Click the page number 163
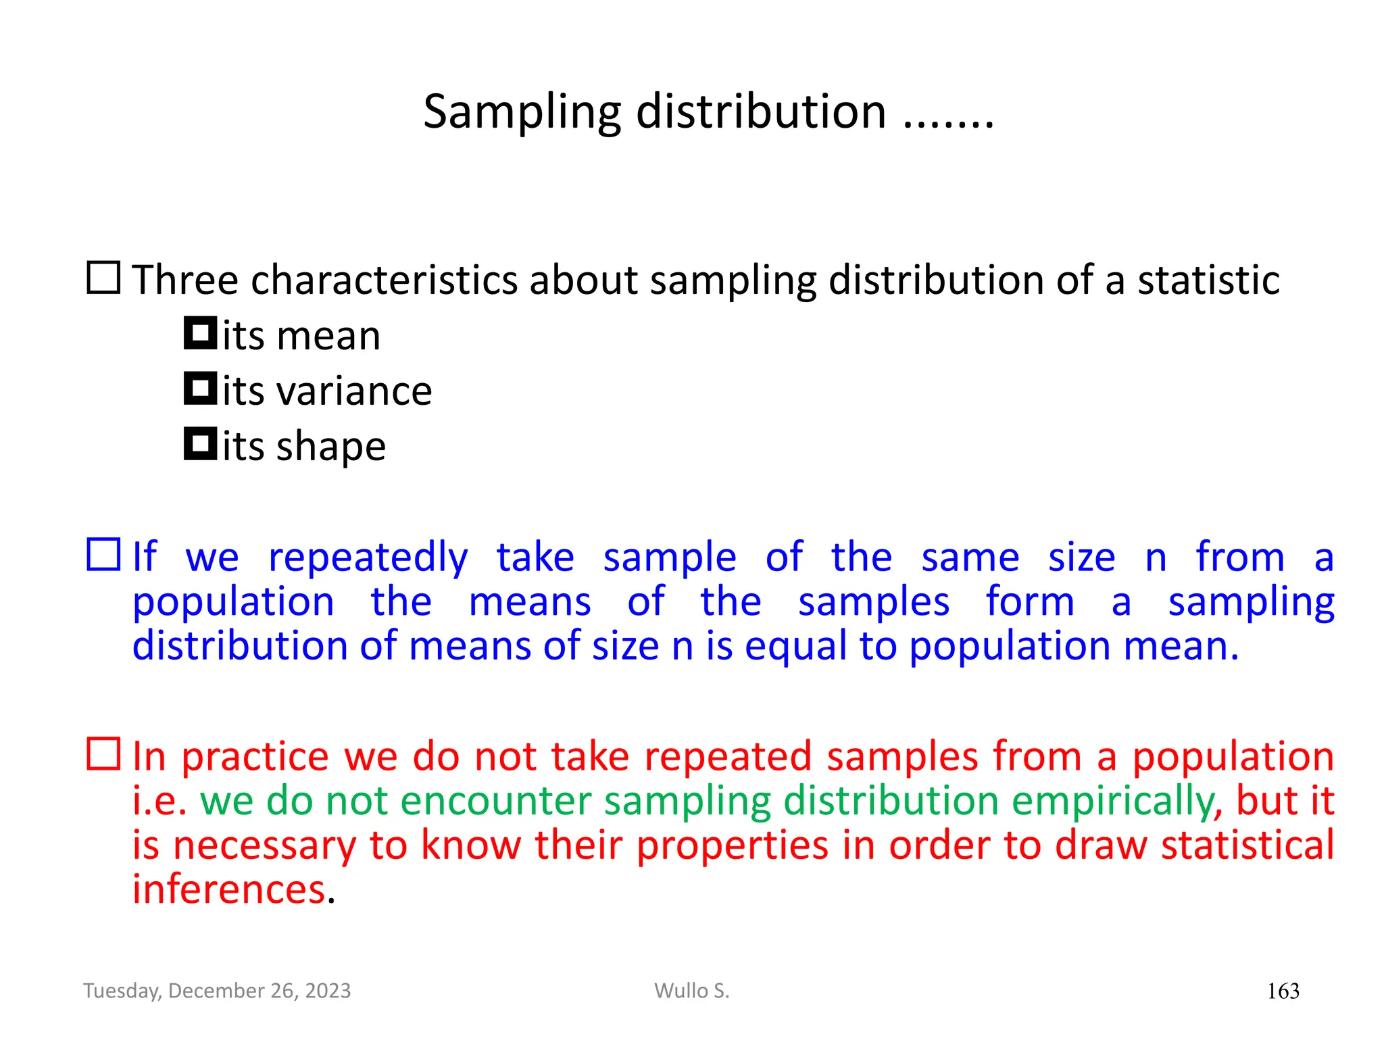click(1283, 991)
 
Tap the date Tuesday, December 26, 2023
click(217, 991)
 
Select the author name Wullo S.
click(691, 991)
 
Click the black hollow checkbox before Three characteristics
click(104, 278)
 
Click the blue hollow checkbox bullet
click(104, 555)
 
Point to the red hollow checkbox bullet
click(104, 753)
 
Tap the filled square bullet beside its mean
click(200, 333)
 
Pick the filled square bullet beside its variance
click(200, 389)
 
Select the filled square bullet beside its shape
click(200, 444)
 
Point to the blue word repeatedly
click(368, 558)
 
